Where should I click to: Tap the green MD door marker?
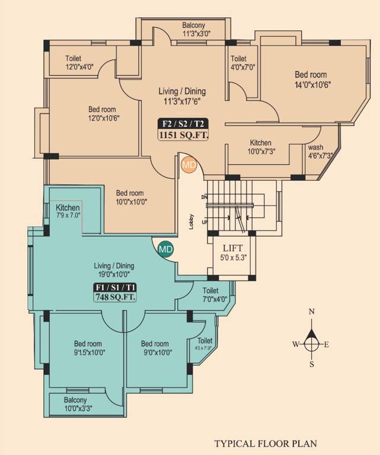tap(165, 249)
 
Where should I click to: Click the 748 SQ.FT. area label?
tap(115, 298)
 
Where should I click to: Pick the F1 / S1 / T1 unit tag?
tap(115, 287)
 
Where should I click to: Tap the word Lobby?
tap(191, 222)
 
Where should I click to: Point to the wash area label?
tap(315, 148)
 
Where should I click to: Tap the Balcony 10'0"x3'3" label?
tap(78, 404)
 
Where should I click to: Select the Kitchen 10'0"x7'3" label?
tap(260, 147)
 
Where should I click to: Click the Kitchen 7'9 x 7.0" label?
tap(68, 212)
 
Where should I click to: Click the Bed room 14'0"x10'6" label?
tap(311, 79)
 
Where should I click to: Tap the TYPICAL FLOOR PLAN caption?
tap(266, 443)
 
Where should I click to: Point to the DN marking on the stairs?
tap(205, 196)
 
